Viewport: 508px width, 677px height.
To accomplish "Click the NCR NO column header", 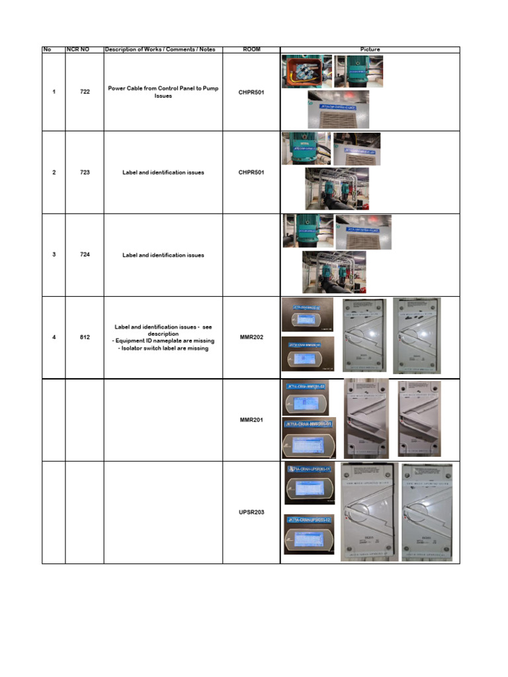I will pyautogui.click(x=78, y=50).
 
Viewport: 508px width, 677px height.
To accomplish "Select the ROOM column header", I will pyautogui.click(x=251, y=50).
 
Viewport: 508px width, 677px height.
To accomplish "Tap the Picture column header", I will pyautogui.click(x=370, y=50).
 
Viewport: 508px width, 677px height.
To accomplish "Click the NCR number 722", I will pyautogui.click(x=85, y=92).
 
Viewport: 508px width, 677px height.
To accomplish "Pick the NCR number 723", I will pyautogui.click(x=85, y=173).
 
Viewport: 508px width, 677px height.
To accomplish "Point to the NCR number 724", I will pyautogui.click(x=85, y=255).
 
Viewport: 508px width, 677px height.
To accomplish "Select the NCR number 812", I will pyautogui.click(x=85, y=337).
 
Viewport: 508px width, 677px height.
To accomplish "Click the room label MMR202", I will pyautogui.click(x=251, y=337).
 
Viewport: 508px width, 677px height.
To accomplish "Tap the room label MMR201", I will pyautogui.click(x=251, y=420).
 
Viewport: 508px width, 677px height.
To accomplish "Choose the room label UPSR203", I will pyautogui.click(x=251, y=512).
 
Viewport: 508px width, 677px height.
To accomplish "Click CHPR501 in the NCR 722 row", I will pyautogui.click(x=251, y=92).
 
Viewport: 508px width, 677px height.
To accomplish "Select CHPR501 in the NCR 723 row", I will pyautogui.click(x=251, y=173).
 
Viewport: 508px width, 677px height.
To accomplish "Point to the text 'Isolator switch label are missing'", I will pyautogui.click(x=163, y=348).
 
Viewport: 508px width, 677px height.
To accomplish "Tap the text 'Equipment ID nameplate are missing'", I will pyautogui.click(x=163, y=341).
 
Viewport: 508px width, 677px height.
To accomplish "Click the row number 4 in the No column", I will pyautogui.click(x=54, y=337).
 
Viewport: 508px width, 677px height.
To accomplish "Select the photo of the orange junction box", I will pyautogui.click(x=306, y=71).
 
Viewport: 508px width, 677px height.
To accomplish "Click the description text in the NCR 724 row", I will pyautogui.click(x=163, y=255).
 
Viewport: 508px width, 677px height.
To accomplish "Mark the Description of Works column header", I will pyautogui.click(x=163, y=50).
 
